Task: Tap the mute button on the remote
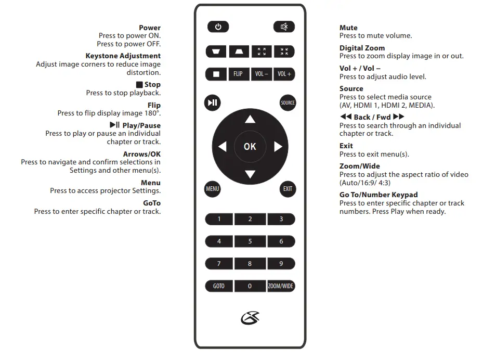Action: click(284, 27)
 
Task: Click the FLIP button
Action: click(238, 74)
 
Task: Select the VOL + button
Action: click(284, 74)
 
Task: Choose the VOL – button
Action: click(262, 74)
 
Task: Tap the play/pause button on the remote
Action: click(213, 102)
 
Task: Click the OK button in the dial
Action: click(250, 147)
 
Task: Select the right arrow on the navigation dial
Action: click(278, 147)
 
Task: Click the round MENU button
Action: click(213, 189)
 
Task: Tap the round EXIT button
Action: click(288, 189)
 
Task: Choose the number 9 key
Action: click(281, 264)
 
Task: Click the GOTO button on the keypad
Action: click(219, 286)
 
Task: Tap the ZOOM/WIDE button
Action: click(281, 286)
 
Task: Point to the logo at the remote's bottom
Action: click(250, 317)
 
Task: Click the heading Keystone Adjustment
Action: click(123, 56)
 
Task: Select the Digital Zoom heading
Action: click(362, 48)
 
